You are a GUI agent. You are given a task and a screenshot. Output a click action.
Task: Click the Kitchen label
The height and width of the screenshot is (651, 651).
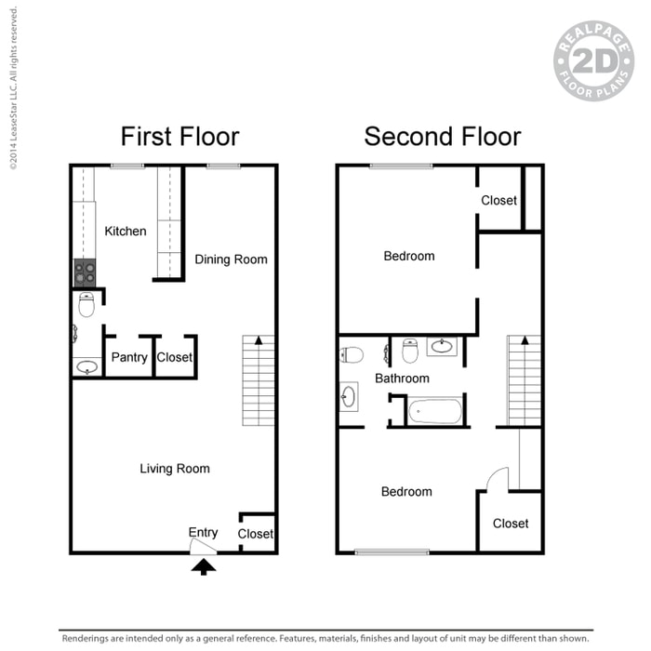[126, 231]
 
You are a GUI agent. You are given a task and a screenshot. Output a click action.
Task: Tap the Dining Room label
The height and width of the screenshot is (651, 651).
[231, 259]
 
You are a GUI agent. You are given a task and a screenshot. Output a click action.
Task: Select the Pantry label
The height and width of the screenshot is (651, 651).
[129, 357]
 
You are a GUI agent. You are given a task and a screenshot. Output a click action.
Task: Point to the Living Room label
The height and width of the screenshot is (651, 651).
[175, 469]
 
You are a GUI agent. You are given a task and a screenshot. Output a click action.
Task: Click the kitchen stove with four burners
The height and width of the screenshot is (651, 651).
[85, 272]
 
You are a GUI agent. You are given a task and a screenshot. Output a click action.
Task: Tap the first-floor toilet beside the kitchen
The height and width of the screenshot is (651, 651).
[86, 304]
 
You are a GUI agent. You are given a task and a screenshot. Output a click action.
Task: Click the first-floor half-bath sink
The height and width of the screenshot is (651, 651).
[87, 367]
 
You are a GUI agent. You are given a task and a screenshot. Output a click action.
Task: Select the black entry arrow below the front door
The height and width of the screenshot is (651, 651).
[204, 566]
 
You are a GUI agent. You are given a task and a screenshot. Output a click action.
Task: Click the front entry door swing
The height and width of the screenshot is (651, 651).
[203, 547]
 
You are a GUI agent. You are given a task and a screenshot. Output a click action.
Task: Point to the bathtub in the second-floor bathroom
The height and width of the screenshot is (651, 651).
[434, 411]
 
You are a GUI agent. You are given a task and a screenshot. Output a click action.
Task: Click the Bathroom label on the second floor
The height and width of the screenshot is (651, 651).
[402, 379]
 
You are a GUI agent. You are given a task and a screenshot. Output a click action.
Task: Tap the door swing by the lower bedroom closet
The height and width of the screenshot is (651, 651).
[498, 478]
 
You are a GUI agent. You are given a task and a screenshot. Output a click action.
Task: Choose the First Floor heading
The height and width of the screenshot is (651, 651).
[180, 136]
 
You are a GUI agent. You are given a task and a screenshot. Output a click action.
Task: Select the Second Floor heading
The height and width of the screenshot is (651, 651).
[443, 136]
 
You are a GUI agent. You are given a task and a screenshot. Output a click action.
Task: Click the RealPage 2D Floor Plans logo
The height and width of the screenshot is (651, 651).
[593, 61]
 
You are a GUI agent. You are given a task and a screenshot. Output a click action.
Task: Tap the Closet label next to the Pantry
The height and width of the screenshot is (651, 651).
[175, 357]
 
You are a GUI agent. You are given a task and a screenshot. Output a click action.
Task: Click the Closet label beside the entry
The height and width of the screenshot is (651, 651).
[256, 534]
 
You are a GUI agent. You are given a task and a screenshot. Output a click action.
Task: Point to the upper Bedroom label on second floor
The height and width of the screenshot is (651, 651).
[409, 256]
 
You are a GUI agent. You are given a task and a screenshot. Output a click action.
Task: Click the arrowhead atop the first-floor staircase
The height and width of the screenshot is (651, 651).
[259, 340]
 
